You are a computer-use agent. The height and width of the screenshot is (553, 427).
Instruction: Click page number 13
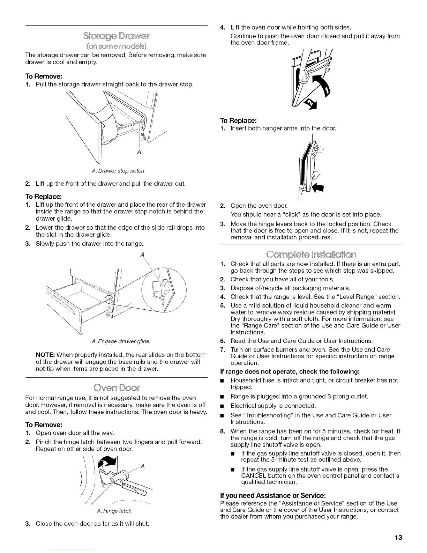(398, 537)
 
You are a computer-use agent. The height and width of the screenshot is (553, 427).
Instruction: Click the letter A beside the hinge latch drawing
(143, 466)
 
